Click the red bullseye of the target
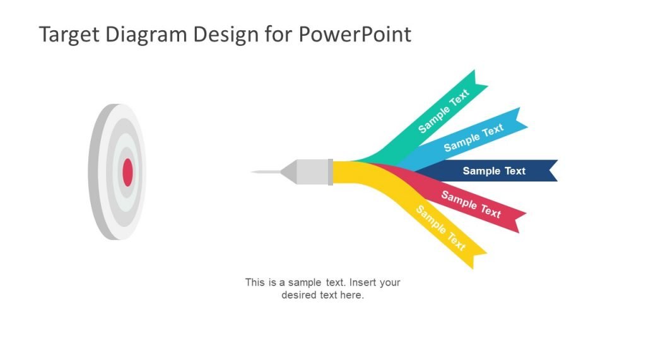(127, 172)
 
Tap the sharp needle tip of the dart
(254, 171)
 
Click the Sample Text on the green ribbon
(443, 112)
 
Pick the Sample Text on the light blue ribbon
(473, 137)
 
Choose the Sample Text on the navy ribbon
(494, 171)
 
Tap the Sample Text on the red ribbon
(471, 204)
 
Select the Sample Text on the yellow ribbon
(441, 228)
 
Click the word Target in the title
(69, 34)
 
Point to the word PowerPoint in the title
(355, 34)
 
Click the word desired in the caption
(298, 295)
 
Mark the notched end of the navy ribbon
(551, 171)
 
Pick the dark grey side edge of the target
(95, 172)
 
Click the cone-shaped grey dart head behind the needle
(290, 171)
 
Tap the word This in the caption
(255, 282)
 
